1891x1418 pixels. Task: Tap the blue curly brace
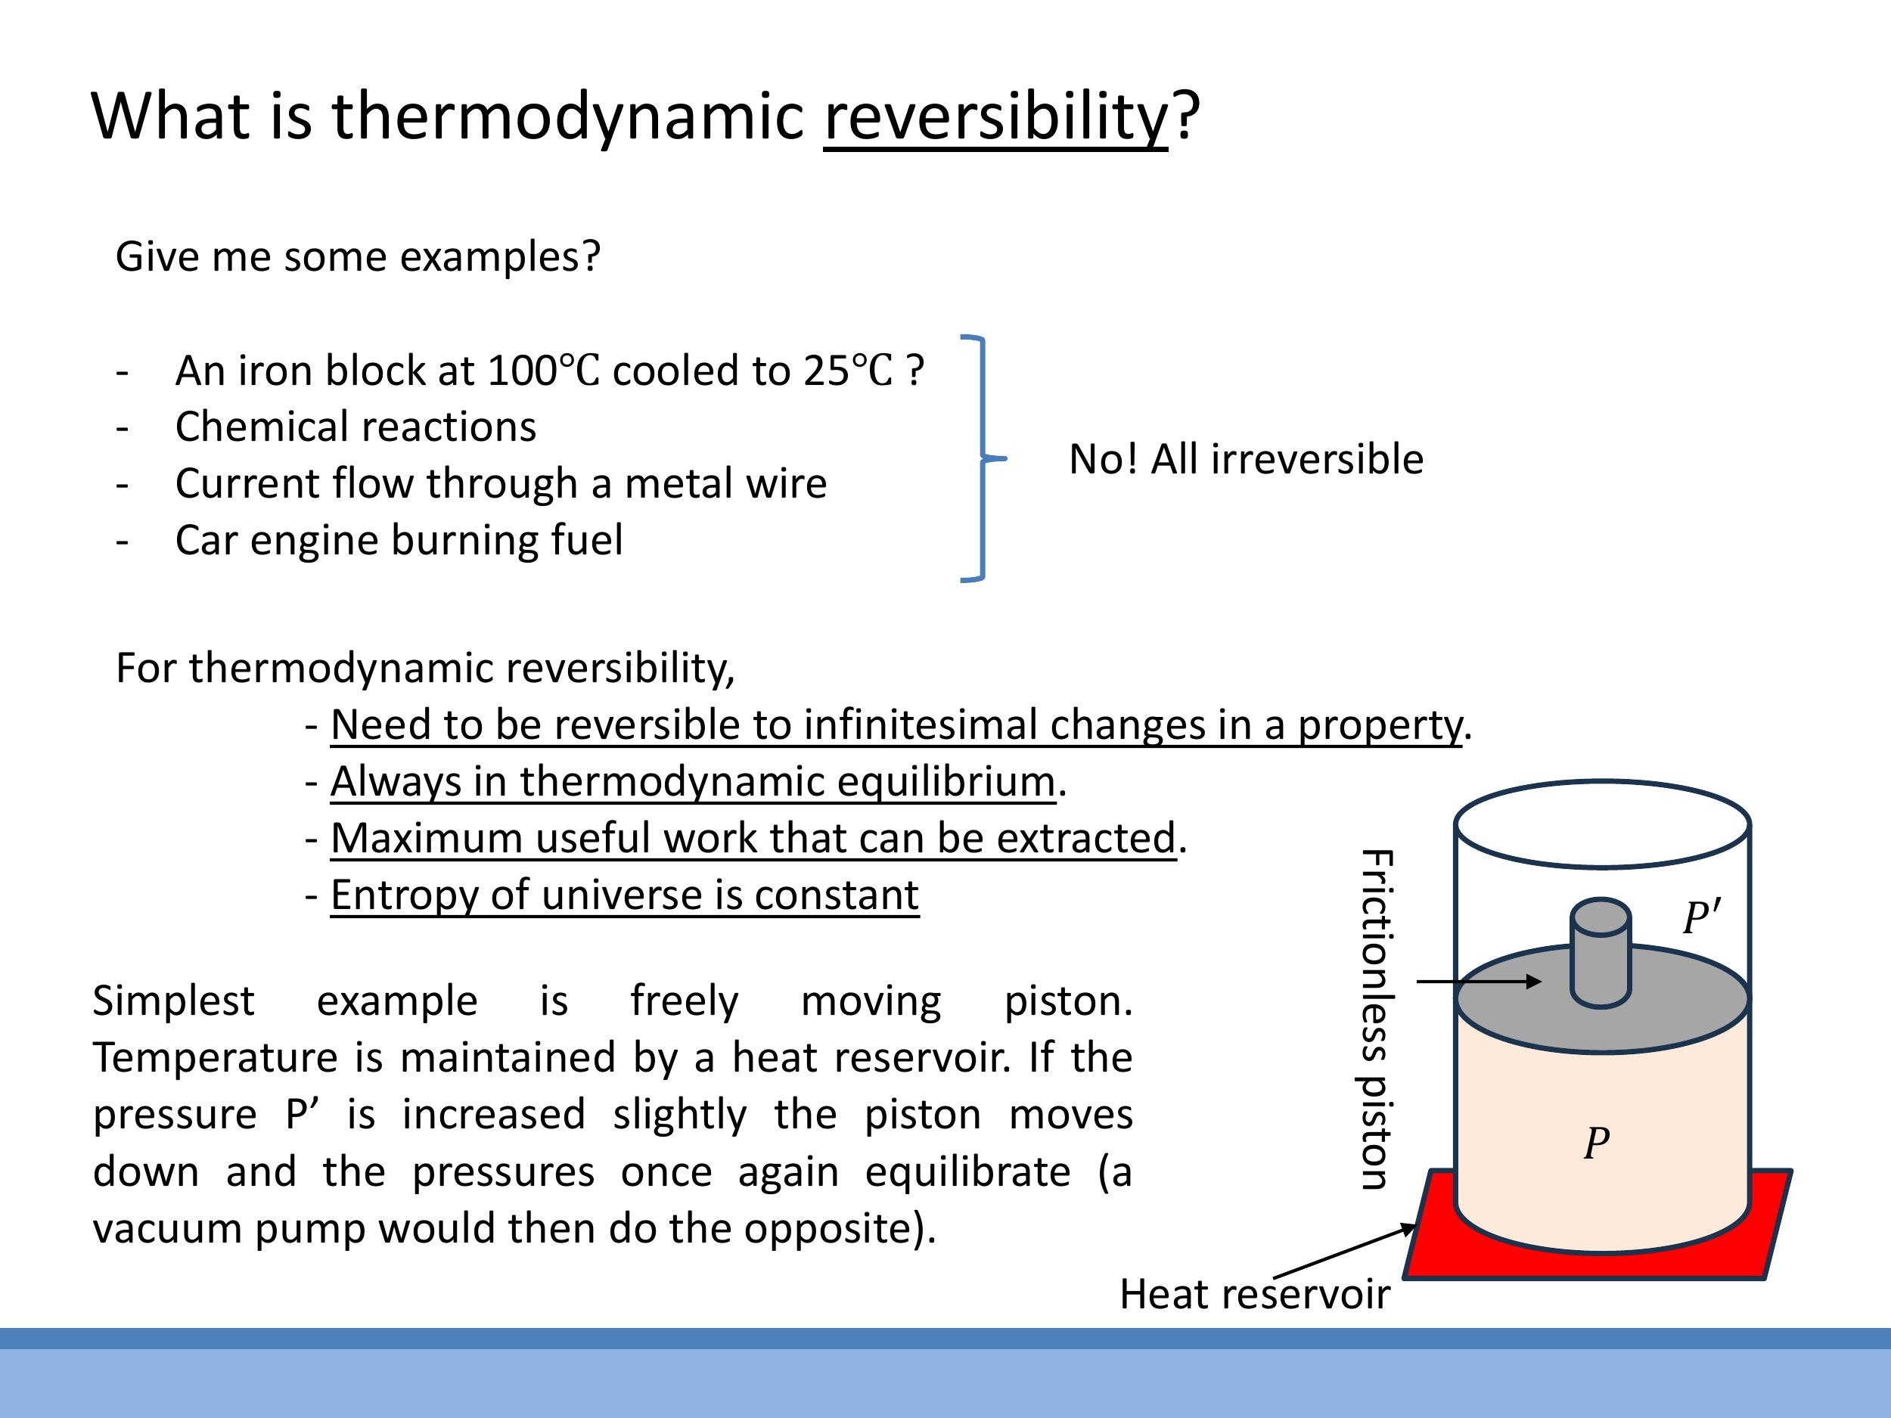pos(983,458)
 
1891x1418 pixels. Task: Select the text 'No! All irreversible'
pos(1246,459)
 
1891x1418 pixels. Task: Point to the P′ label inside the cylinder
pos(1700,917)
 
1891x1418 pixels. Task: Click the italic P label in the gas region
pos(1596,1143)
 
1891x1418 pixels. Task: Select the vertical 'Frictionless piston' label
pos(1377,1019)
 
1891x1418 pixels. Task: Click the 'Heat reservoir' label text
pos(1254,1294)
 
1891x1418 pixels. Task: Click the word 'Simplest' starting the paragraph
pos(172,1001)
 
